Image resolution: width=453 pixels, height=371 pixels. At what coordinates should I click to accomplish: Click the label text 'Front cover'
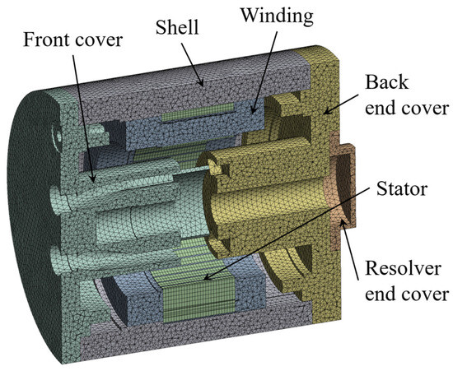pos(72,39)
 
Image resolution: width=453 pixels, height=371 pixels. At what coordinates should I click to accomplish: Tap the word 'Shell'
pos(177,27)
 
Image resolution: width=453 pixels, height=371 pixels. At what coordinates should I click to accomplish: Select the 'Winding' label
pos(278,16)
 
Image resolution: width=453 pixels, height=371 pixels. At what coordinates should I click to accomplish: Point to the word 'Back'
pos(387,82)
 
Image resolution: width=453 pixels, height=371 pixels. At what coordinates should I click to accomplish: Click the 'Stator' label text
pos(402,189)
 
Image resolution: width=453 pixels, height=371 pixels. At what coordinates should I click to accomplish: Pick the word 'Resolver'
pos(403,268)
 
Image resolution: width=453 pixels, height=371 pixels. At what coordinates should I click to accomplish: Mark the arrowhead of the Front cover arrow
pos(92,178)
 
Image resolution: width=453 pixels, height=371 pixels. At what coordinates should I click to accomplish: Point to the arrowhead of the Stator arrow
pos(206,277)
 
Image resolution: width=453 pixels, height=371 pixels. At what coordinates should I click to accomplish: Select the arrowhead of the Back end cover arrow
pos(326,112)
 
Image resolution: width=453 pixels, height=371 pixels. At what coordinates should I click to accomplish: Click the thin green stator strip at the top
pos(198,113)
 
